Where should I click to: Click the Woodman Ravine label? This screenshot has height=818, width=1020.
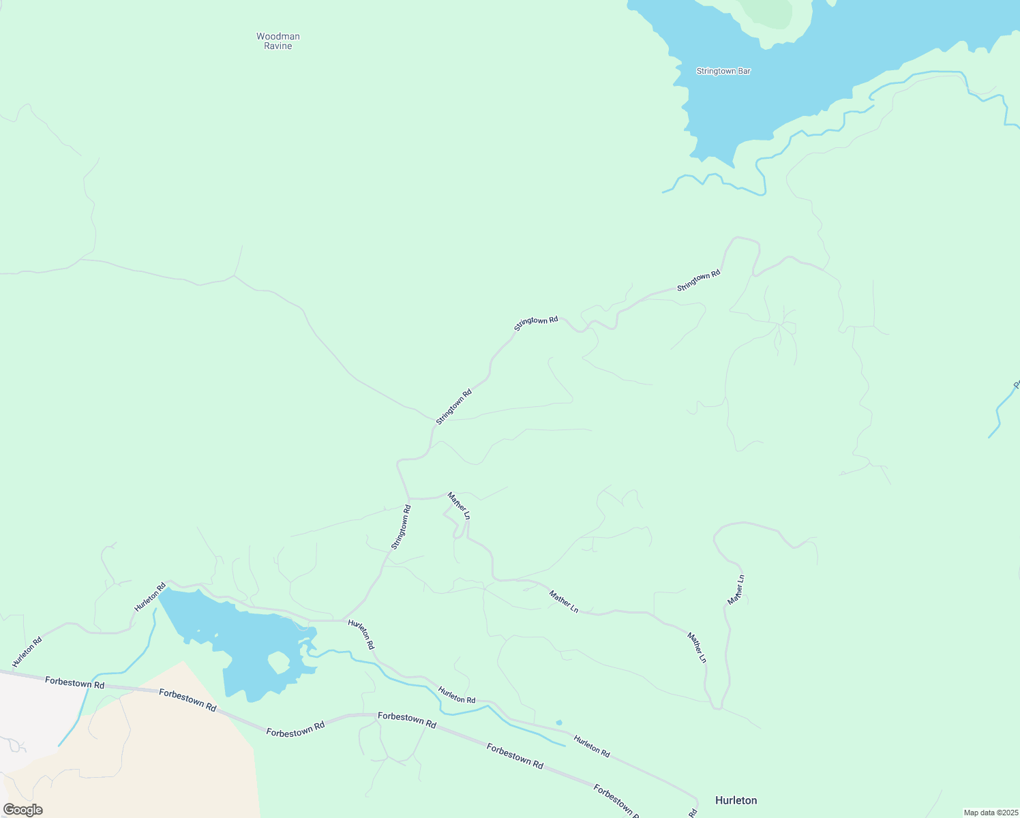[278, 41]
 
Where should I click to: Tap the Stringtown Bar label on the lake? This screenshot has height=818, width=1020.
[723, 71]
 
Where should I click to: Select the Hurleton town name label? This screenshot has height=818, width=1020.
[736, 800]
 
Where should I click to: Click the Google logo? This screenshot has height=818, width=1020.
[23, 809]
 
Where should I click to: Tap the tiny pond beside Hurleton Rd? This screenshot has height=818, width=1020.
[559, 723]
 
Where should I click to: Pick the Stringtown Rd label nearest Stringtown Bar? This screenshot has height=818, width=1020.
[698, 281]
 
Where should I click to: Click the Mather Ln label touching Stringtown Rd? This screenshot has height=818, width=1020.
[458, 506]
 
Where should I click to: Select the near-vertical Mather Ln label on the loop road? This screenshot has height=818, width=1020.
[736, 590]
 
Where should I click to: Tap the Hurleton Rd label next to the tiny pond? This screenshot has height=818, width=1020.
[591, 746]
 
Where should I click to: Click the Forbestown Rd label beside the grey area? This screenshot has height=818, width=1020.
[75, 682]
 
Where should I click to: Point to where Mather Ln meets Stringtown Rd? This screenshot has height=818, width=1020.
[409, 498]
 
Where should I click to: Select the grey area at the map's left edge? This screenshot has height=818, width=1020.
[34, 716]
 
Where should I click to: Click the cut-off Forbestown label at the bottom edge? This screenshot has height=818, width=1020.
[618, 802]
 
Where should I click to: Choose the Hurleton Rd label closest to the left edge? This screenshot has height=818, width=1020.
[27, 652]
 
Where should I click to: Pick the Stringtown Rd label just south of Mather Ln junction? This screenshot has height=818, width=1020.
[401, 527]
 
